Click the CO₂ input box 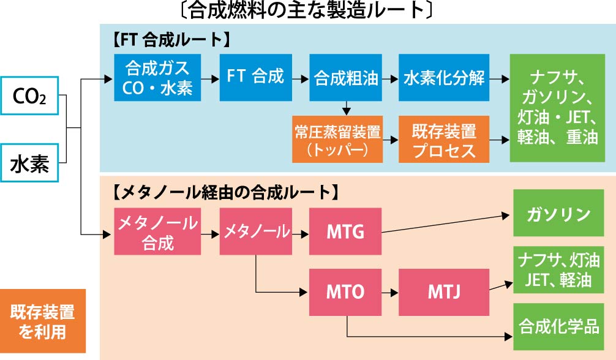pyautogui.click(x=29, y=96)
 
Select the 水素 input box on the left pyautogui.click(x=29, y=163)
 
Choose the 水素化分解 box pyautogui.click(x=444, y=78)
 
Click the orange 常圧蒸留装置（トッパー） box pyautogui.click(x=337, y=140)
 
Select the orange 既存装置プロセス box pyautogui.click(x=444, y=140)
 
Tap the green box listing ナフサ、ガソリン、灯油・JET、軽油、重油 pyautogui.click(x=557, y=108)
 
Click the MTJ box pyautogui.click(x=444, y=292)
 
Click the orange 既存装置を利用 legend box pyautogui.click(x=42, y=321)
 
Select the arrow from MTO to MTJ pyautogui.click(x=389, y=292)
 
